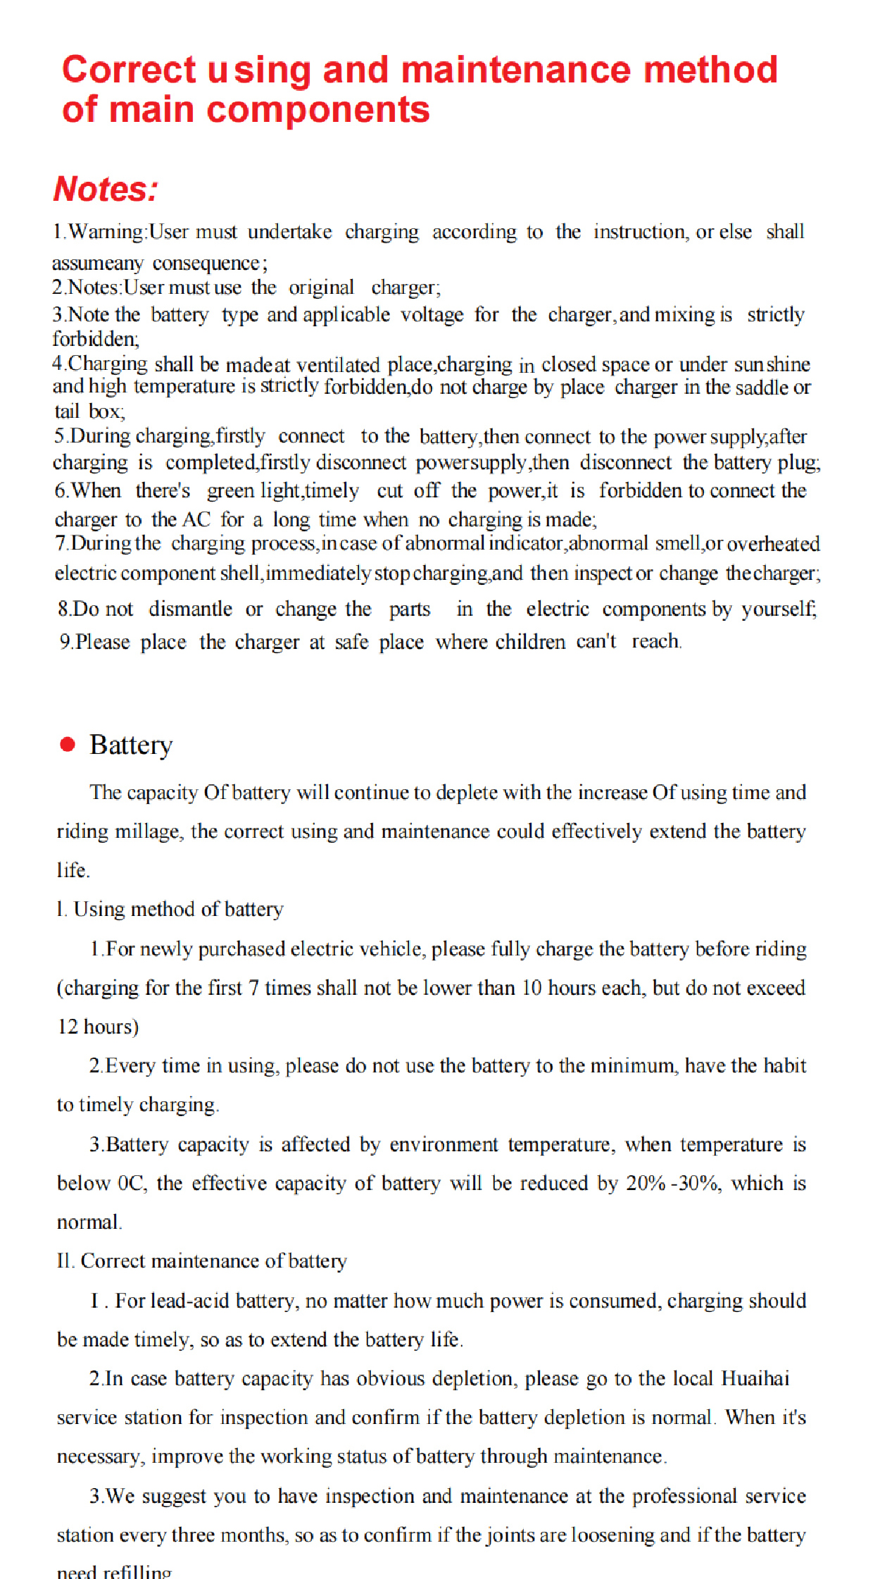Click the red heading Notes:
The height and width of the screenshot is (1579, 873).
(x=106, y=189)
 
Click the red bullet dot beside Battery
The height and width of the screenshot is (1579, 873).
(x=68, y=744)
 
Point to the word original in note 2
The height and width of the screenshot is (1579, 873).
(x=321, y=287)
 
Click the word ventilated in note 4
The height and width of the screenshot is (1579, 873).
(x=338, y=365)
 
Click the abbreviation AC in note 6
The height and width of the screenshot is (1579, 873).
(x=196, y=520)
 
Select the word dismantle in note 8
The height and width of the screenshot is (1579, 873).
(x=190, y=609)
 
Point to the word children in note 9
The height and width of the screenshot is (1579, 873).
(x=530, y=642)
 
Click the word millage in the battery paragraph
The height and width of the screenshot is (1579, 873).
(x=147, y=831)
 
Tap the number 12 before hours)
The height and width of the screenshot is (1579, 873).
(x=68, y=1027)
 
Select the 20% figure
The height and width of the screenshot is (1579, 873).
(x=646, y=1183)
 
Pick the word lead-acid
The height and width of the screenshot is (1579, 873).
(x=189, y=1301)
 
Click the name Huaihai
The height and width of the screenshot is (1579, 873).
(x=755, y=1378)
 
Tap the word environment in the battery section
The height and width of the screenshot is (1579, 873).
(x=444, y=1144)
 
